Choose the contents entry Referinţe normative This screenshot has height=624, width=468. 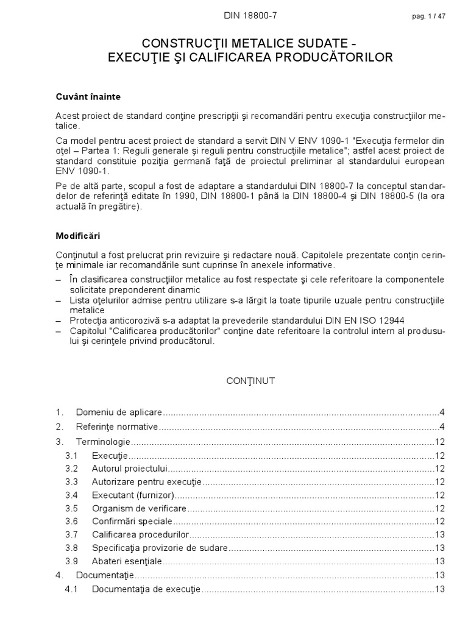click(117, 427)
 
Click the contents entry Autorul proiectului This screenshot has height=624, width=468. click(130, 469)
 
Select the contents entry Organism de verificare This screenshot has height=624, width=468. click(140, 508)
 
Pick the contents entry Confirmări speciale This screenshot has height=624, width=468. click(132, 522)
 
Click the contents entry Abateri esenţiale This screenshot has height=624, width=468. click(127, 561)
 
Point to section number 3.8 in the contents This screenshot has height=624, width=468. click(72, 548)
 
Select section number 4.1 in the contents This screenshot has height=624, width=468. click(72, 589)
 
